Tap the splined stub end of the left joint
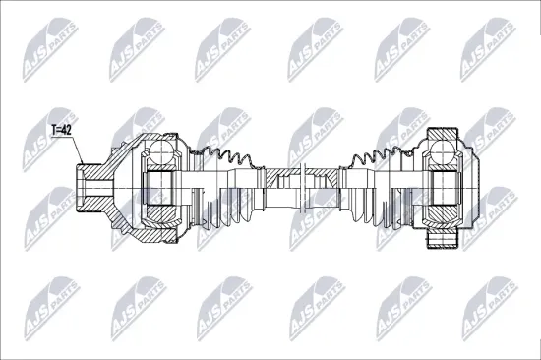[x=90, y=184]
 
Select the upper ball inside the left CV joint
[x=160, y=151]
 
